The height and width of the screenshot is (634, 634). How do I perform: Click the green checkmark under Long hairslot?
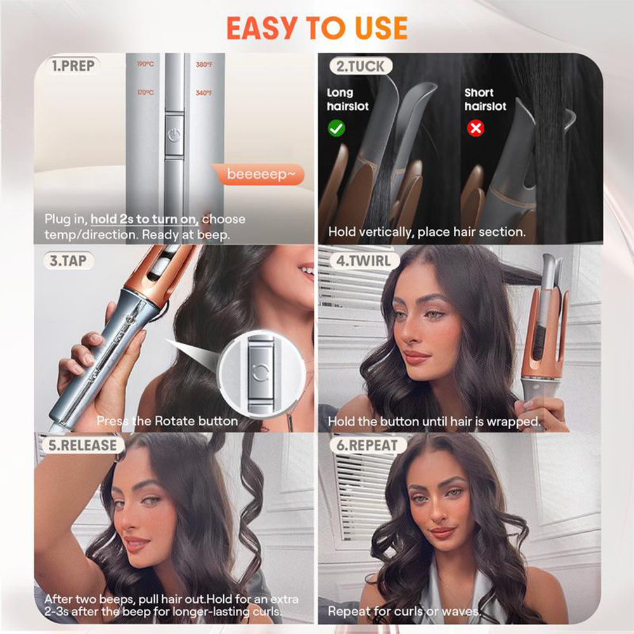pyautogui.click(x=337, y=129)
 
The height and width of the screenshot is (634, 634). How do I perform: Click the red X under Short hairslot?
pyautogui.click(x=475, y=129)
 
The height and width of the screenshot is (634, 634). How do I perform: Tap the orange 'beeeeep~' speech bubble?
pyautogui.click(x=256, y=174)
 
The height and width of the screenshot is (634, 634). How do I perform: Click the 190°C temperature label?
pyautogui.click(x=145, y=64)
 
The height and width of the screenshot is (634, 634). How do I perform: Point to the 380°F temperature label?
pyautogui.click(x=204, y=64)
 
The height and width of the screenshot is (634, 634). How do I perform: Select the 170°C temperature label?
pyautogui.click(x=145, y=93)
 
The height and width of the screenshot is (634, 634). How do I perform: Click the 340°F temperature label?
pyautogui.click(x=204, y=93)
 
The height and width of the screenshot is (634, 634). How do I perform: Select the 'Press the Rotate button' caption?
pyautogui.click(x=167, y=420)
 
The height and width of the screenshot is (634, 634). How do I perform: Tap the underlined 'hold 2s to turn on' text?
pyautogui.click(x=145, y=219)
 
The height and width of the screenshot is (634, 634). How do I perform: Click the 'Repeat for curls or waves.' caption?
pyautogui.click(x=404, y=612)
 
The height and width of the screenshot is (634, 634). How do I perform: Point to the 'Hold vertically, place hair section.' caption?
pyautogui.click(x=427, y=232)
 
